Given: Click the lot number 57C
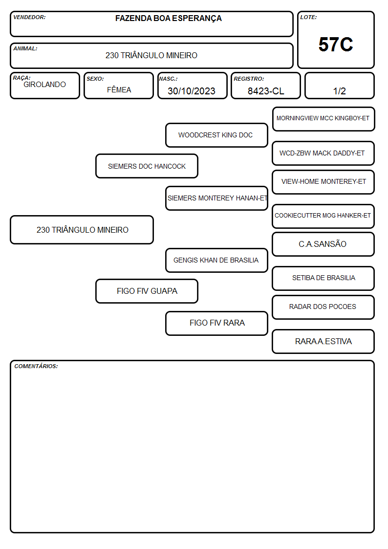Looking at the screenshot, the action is click(x=336, y=44).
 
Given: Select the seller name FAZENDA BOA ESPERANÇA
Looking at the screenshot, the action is click(x=168, y=19).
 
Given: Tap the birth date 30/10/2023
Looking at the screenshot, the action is click(x=192, y=91).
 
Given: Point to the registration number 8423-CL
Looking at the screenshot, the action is click(x=266, y=91).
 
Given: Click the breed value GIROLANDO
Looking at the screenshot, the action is click(x=45, y=85).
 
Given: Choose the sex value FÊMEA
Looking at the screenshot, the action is click(x=119, y=89).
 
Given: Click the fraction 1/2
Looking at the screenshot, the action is click(x=339, y=91).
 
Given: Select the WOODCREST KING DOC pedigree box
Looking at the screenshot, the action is click(x=216, y=135).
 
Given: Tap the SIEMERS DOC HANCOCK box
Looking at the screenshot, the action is click(x=147, y=166).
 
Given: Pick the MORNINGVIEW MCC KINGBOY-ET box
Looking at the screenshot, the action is click(x=323, y=119).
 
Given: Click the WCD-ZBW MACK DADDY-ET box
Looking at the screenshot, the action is click(x=323, y=154).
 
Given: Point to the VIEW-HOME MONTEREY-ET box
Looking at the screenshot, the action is click(x=323, y=182).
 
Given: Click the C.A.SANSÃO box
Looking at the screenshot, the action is click(x=323, y=244).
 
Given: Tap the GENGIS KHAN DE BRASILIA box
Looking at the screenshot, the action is click(x=216, y=261).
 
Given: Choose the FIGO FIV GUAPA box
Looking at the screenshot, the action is click(x=147, y=291).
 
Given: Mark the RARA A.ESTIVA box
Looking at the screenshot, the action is click(x=323, y=342).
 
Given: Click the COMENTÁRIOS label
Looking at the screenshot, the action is click(x=36, y=366).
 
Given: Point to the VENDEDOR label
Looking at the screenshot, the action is click(x=29, y=17).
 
